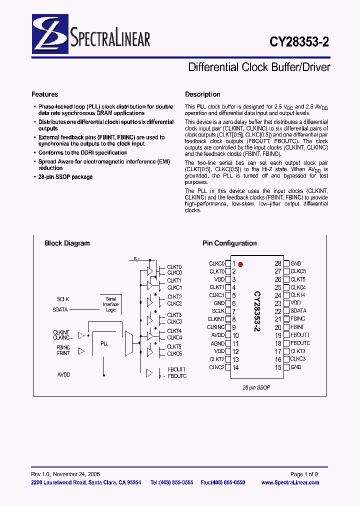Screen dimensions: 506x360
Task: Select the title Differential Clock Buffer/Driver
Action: point(259,67)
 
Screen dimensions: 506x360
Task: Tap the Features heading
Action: point(45,94)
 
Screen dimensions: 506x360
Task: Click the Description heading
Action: point(202,94)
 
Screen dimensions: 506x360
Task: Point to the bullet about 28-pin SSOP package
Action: point(65,177)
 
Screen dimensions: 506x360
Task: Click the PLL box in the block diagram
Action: point(104,344)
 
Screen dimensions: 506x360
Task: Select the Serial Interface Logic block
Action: point(110,304)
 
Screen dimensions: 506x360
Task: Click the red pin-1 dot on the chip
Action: point(240,264)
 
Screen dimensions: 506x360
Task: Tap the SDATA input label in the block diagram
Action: point(60,309)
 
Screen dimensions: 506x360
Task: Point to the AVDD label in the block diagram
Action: point(64,374)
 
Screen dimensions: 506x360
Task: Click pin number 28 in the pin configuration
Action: point(278,263)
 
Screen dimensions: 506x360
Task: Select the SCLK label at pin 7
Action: point(218,311)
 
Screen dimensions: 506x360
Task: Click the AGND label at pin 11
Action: point(217,343)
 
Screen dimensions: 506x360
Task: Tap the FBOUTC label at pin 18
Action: point(300,343)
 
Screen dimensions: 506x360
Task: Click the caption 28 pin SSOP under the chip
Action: point(256,387)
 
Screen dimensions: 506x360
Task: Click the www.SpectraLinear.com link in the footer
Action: point(290,482)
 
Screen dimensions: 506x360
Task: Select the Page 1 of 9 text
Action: point(304,474)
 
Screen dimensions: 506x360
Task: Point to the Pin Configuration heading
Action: point(229,243)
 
